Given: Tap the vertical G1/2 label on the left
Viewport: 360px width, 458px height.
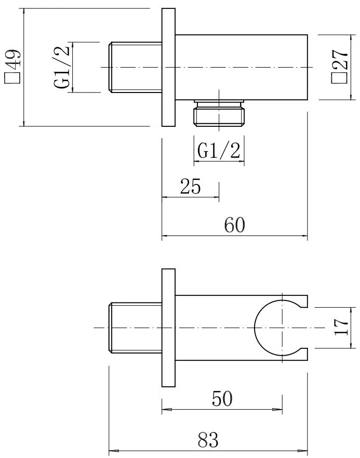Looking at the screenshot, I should pos(61,68).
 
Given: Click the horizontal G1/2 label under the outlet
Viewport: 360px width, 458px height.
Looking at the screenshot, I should pos(219,151).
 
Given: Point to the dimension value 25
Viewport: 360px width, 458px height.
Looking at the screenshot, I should pos(190,186).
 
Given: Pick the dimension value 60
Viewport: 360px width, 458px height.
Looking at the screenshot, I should pos(235,225).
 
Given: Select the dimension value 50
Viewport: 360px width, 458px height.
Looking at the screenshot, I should pos(222,399).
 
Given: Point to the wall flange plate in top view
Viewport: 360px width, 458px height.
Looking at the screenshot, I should pos(169,68).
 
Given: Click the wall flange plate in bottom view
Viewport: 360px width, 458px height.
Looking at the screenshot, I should pos(169,328).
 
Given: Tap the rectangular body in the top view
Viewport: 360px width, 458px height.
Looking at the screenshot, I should pos(242,68).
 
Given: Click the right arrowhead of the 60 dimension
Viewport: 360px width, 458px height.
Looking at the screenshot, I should pos(305,237).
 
